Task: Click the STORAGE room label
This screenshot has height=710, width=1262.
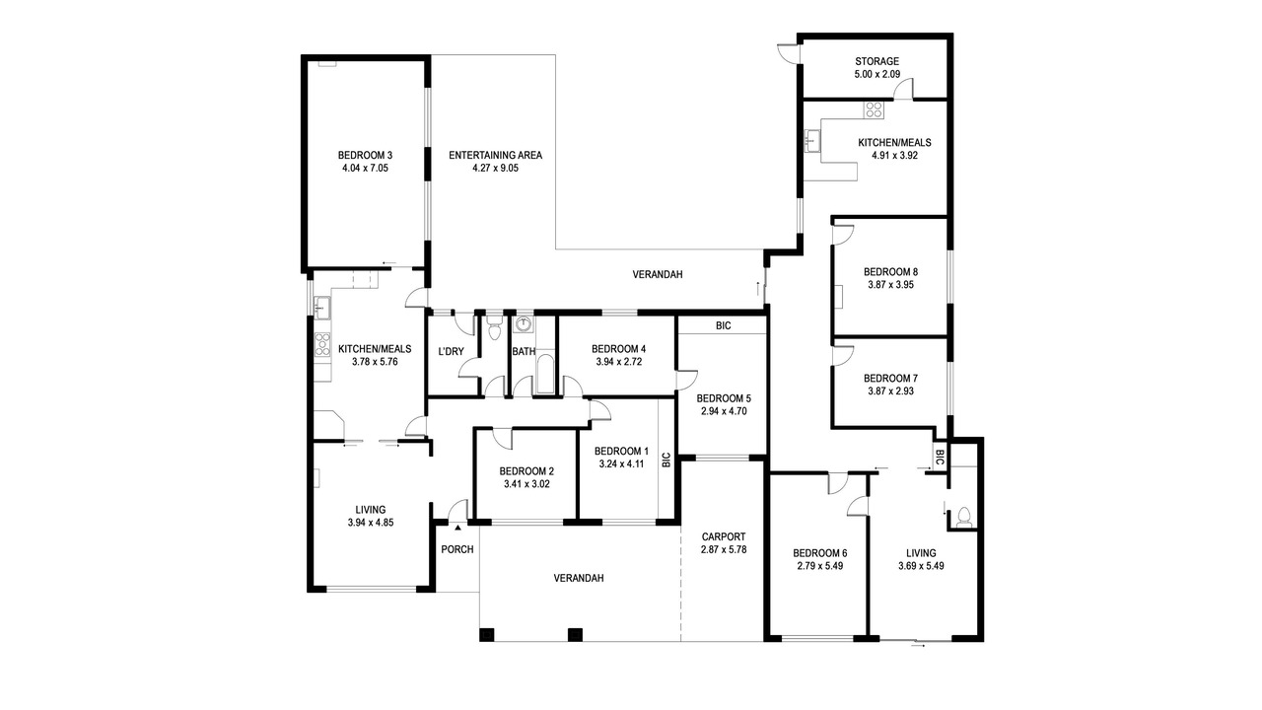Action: (x=876, y=61)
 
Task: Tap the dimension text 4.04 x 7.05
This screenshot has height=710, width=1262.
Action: (x=365, y=168)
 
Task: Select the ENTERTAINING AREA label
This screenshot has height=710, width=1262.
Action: (x=495, y=155)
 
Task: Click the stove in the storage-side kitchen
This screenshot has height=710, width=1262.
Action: (x=874, y=109)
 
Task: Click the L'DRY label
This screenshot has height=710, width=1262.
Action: (x=451, y=352)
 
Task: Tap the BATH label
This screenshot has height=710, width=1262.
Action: (x=524, y=352)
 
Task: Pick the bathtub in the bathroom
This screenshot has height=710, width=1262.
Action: (x=545, y=374)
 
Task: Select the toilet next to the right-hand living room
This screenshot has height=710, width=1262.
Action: (x=964, y=516)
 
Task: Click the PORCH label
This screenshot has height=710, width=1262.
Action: (x=456, y=549)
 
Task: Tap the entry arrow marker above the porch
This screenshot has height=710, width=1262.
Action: (x=457, y=528)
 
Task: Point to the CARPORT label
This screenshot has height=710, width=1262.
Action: (x=724, y=537)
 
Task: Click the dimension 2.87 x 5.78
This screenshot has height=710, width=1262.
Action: (x=724, y=549)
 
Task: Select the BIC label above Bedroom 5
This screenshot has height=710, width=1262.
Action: (x=724, y=325)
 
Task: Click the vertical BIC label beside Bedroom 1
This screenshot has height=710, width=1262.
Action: (x=666, y=460)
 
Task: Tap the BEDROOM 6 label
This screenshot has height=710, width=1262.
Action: (x=819, y=553)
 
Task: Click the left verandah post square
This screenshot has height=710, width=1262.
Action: (x=487, y=634)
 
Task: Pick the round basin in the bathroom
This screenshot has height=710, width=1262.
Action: (x=524, y=323)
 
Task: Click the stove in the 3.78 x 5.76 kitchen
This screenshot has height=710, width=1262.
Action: (x=322, y=344)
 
